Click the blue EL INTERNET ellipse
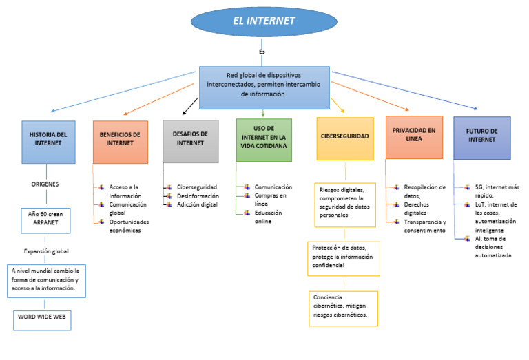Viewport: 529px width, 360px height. tap(264, 21)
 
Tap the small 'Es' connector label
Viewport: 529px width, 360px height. tap(262, 52)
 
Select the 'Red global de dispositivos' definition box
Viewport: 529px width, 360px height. tap(264, 87)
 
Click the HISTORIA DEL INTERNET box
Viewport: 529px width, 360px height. tap(48, 142)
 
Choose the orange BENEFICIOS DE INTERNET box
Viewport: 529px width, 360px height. tap(120, 142)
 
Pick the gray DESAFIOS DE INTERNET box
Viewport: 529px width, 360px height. tap(191, 141)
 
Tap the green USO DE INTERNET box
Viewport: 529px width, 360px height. tap(264, 140)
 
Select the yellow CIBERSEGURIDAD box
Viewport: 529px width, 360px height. tap(345, 138)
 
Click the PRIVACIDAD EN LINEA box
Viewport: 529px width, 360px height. tap(414, 137)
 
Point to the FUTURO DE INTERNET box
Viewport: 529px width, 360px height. tap(481, 138)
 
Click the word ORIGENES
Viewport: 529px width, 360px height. tap(45, 184)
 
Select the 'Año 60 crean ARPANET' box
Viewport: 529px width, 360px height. tap(45, 221)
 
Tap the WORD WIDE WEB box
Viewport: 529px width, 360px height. tap(42, 320)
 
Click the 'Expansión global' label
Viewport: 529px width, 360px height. tap(46, 251)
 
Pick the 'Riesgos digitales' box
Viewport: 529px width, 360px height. tap(345, 205)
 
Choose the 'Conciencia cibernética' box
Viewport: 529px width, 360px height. tap(343, 308)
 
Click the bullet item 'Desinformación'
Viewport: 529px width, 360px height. tap(198, 196)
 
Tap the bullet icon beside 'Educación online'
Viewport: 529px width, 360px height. tap(247, 213)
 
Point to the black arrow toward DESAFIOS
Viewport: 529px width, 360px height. tap(190, 106)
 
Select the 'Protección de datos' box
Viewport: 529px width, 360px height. tap(344, 259)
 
